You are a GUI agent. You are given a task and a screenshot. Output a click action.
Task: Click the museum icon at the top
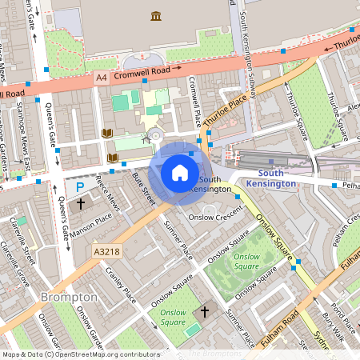(155, 16)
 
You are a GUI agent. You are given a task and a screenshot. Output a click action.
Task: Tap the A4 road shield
(101, 77)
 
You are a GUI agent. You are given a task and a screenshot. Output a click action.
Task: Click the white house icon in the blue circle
(180, 172)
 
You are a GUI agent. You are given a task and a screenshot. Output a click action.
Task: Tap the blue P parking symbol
(80, 187)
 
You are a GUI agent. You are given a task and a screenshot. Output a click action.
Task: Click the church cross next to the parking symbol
(80, 203)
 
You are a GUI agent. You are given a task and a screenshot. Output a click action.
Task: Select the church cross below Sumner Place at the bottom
(204, 310)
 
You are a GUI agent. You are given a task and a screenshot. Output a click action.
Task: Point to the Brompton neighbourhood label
(69, 297)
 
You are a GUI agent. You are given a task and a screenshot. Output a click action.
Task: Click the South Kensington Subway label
(249, 48)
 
